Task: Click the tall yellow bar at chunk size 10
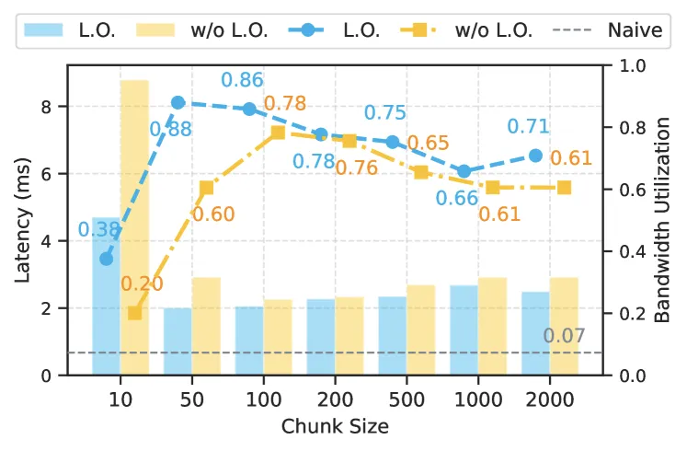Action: pos(134,227)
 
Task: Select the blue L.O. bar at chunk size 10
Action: pos(106,295)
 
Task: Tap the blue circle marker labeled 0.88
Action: pos(177,103)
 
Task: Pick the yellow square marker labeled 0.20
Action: pos(135,313)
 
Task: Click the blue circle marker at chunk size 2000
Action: pos(535,156)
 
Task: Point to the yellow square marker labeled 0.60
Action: pos(206,189)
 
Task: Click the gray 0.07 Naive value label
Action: pos(564,336)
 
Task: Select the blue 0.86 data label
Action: pos(242,80)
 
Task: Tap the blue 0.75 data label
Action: pos(385,112)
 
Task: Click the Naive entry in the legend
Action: pos(608,30)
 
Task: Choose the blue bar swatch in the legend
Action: pos(43,30)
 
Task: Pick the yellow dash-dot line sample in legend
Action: pos(418,30)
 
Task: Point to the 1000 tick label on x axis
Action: pos(478,399)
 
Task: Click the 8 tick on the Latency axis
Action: pos(46,107)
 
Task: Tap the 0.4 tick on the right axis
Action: pos(632,251)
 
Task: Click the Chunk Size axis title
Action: pos(335,426)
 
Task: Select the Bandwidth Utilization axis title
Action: pos(662,221)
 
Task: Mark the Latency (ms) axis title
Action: pos(23,221)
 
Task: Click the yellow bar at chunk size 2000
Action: pos(564,327)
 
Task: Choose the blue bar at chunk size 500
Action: pos(393,336)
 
